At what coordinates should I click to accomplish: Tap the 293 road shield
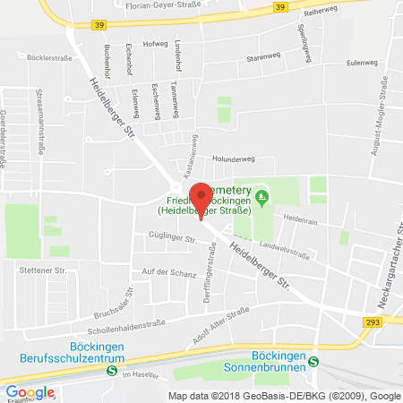(373, 321)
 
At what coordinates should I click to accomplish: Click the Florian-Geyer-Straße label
(201, 15)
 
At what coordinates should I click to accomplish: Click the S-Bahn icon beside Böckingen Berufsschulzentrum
(111, 369)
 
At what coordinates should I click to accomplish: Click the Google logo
(30, 391)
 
